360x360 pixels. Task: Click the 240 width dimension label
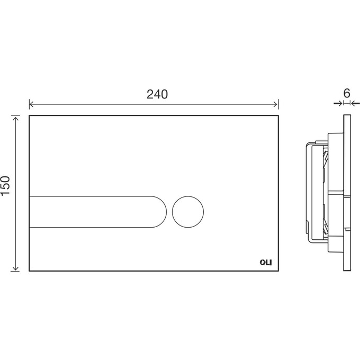157,94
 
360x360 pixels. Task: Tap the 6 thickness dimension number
347,93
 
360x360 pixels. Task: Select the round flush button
188,212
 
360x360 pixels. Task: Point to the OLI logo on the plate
266,262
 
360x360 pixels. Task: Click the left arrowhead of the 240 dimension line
31,105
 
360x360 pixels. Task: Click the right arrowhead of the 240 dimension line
276,105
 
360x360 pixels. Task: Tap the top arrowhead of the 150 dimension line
15,119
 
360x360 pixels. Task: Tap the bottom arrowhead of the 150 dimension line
15,268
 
